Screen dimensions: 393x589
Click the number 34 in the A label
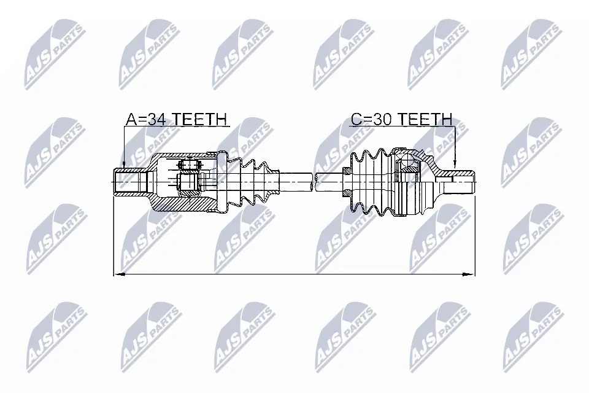click(156, 119)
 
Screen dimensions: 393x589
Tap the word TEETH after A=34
click(198, 119)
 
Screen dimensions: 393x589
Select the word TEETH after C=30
click(422, 119)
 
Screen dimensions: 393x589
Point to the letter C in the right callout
click(356, 119)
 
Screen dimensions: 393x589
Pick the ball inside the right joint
click(407, 163)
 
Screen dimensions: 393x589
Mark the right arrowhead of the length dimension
click(472, 274)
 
